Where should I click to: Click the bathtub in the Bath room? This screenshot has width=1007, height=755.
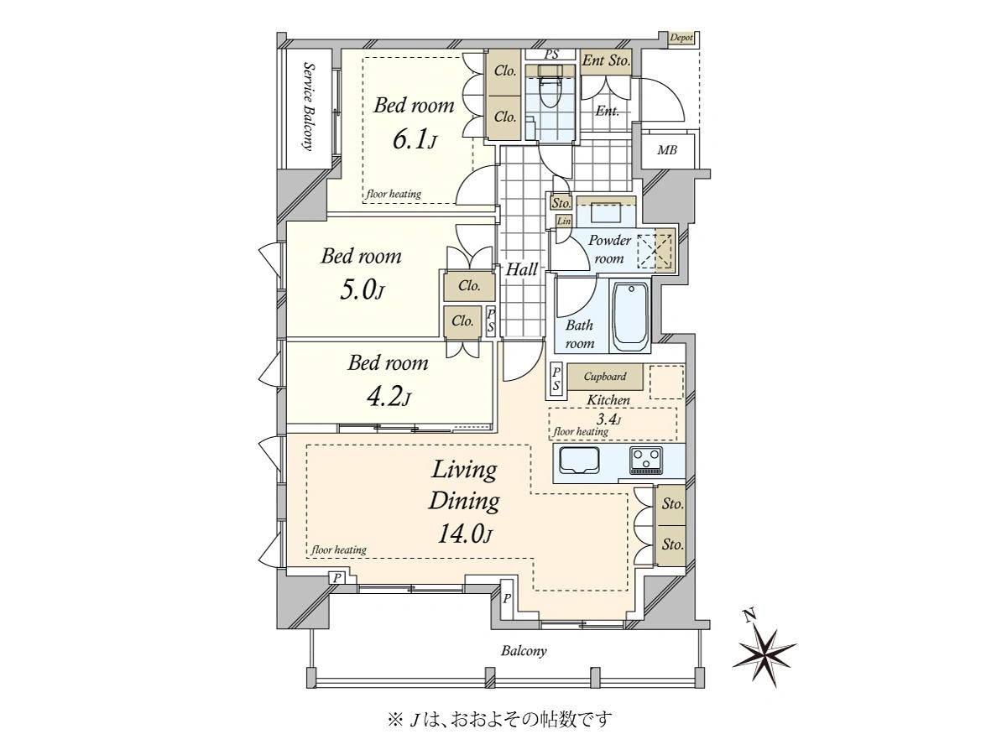pyautogui.click(x=631, y=316)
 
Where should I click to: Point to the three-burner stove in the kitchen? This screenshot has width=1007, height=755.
pyautogui.click(x=646, y=461)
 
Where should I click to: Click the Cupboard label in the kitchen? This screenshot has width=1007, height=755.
pyautogui.click(x=605, y=377)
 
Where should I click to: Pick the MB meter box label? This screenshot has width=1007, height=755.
pyautogui.click(x=666, y=150)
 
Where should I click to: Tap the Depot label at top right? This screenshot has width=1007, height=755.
pyautogui.click(x=681, y=38)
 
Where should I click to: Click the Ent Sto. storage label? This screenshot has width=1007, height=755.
pyautogui.click(x=606, y=60)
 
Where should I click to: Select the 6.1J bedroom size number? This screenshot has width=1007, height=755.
pyautogui.click(x=414, y=139)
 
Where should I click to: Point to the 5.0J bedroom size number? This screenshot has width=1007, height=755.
pyautogui.click(x=362, y=289)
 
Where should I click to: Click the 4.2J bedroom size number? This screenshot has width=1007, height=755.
pyautogui.click(x=389, y=396)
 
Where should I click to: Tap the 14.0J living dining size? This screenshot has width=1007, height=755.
pyautogui.click(x=465, y=534)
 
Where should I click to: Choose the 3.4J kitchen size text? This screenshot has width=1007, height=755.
pyautogui.click(x=608, y=419)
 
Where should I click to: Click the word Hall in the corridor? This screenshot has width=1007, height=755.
pyautogui.click(x=522, y=269)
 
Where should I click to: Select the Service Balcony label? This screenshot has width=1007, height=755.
pyautogui.click(x=309, y=107)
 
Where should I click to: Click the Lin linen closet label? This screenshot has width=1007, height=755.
pyautogui.click(x=563, y=221)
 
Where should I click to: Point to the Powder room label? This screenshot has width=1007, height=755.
pyautogui.click(x=610, y=249)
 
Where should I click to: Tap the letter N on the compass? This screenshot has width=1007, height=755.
pyautogui.click(x=750, y=616)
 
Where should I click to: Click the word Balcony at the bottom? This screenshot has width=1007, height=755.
pyautogui.click(x=524, y=651)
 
